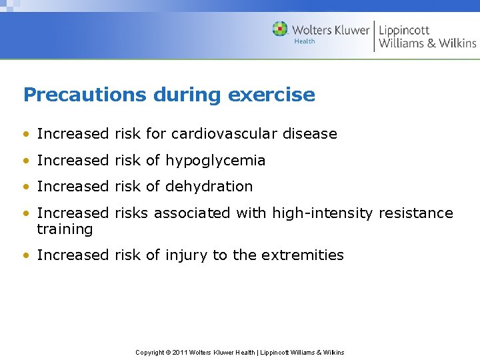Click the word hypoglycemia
coord(215,161)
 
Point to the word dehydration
coord(209,187)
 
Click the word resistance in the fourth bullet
coord(416,213)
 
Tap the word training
coord(65,230)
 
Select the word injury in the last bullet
coord(187,255)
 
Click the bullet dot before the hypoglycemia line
coord(26,161)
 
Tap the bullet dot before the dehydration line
coord(26,187)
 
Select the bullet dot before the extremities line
coord(26,255)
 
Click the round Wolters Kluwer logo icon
coord(280,29)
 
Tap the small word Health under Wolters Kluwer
coord(305,41)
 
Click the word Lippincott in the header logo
coord(405,30)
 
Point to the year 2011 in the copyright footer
coord(180,352)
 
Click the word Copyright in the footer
coord(151,352)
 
